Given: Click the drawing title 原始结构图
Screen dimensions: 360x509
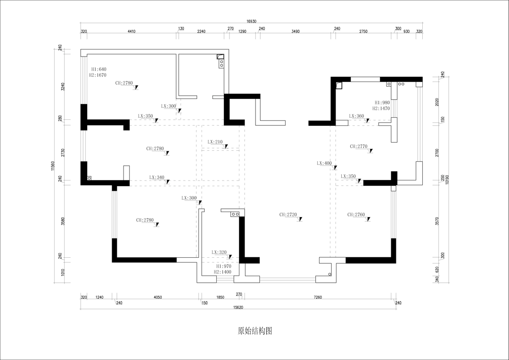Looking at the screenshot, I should tap(255, 331).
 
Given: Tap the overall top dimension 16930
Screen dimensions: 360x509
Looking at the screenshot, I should tap(251, 21).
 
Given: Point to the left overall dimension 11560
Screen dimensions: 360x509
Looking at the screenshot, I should tap(54, 166).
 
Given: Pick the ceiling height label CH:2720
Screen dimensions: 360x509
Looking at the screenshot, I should tap(288, 215).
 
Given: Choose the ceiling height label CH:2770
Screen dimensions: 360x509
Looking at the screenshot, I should tap(359, 147).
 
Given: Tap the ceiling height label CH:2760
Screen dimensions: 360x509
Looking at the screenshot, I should tap(356, 215).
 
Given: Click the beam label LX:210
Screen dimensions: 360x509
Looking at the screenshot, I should tap(215, 142).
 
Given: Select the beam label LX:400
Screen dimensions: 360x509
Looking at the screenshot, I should tap(324, 164).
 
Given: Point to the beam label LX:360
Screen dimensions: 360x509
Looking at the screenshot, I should tap(356, 116).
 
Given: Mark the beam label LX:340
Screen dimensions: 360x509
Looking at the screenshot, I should tap(157, 178).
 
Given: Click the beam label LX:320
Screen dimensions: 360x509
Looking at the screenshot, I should tap(219, 253).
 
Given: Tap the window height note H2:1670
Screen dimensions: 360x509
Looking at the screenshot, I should tap(98, 75).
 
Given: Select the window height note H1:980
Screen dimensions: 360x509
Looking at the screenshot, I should tap(382, 103).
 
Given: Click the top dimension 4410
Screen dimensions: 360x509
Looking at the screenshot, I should tap(131, 31).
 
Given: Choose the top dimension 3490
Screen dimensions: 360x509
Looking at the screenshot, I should tap(296, 31).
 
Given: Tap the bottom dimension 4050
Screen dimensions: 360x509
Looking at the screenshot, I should tap(157, 297).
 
